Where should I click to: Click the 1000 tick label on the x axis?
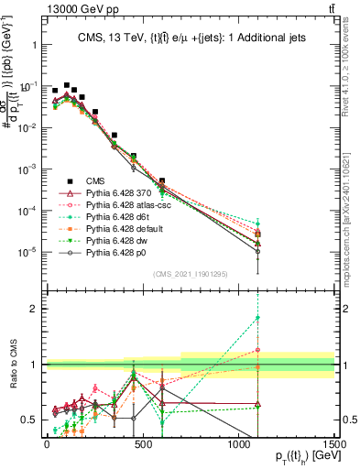[x=238, y=443]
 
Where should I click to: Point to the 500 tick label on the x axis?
[x=142, y=443]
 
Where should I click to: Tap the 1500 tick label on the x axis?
[x=333, y=443]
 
